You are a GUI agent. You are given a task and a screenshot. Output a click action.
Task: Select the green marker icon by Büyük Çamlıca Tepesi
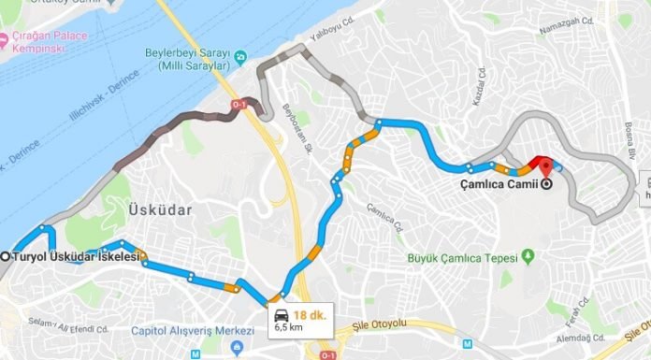528,254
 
